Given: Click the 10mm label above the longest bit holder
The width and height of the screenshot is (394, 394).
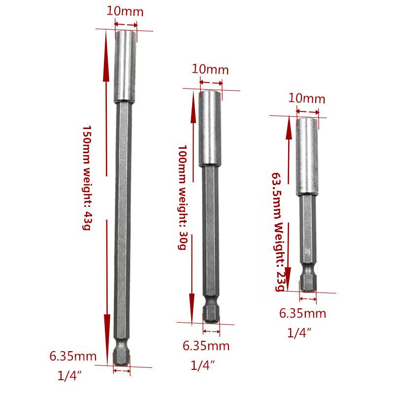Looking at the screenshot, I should tap(125, 12).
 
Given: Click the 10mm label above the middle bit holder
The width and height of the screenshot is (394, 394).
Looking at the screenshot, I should tap(210, 69).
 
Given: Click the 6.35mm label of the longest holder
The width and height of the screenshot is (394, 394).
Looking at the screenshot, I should tap(73, 355).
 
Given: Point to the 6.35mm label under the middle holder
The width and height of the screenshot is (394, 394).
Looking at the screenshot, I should tap(206, 345).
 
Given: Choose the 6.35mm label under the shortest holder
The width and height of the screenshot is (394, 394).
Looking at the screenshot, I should tap(302, 313).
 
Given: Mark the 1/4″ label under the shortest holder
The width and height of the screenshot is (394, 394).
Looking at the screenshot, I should tap(299, 332).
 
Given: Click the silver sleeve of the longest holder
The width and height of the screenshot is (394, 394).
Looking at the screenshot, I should tap(125, 66).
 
